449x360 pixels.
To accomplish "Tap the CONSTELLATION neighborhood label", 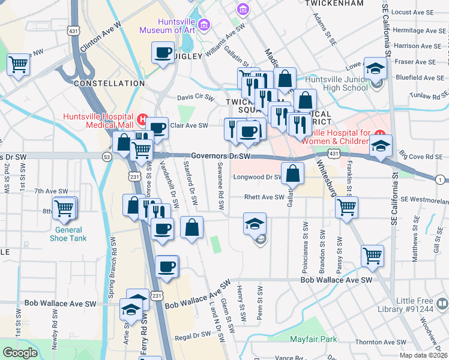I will pos(109,83).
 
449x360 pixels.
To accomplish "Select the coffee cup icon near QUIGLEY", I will pos(163,53).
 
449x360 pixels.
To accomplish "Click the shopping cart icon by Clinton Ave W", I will pos(18,64).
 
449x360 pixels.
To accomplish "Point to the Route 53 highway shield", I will pos(107,157).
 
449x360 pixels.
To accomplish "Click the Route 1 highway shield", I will pos(441,179).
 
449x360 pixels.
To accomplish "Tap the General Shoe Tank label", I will pos(70,234).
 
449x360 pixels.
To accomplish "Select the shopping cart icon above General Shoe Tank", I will pos(64,208).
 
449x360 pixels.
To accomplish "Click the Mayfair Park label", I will pos(313,339).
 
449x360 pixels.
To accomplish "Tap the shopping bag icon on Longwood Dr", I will pos(292,175).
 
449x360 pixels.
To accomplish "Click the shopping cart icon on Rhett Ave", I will pos(346,207).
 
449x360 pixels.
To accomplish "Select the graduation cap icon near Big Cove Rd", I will pos(381,146).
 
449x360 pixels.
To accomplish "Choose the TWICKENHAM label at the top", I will pos(334,3).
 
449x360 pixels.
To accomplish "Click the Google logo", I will pos(20,353).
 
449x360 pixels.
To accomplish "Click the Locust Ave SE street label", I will pos(412,12).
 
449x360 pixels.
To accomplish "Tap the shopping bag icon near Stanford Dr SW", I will pos(191,228).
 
